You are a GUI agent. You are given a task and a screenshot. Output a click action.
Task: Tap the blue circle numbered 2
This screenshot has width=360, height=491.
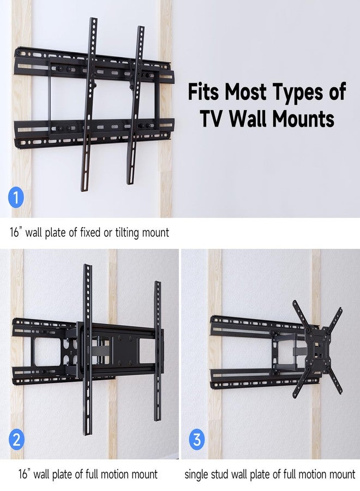[x=16, y=439]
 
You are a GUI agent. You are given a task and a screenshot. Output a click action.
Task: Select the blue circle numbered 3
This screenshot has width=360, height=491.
[x=197, y=439]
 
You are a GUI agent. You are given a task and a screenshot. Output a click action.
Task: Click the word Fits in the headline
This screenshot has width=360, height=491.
[x=203, y=91]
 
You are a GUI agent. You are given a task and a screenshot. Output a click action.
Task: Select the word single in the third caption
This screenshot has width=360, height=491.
[x=196, y=475]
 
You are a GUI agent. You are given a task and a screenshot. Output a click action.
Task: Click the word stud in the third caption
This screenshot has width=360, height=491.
[x=219, y=475]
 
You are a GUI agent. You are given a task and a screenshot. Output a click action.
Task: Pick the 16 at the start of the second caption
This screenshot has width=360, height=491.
[x=23, y=475]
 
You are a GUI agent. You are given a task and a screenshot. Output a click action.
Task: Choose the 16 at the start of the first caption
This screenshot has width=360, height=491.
[x=14, y=232]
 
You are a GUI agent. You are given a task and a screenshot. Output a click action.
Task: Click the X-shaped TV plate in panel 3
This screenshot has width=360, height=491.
[x=317, y=349]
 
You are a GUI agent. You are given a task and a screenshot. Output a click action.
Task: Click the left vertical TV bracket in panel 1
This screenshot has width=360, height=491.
[x=89, y=104]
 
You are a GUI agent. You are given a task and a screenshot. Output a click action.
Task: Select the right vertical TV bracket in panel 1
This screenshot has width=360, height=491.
[x=136, y=105]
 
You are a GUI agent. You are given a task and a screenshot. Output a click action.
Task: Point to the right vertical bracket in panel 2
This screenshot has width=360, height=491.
[x=158, y=351]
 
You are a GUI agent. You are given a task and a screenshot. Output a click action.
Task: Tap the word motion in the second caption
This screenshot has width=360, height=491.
[x=119, y=475]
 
